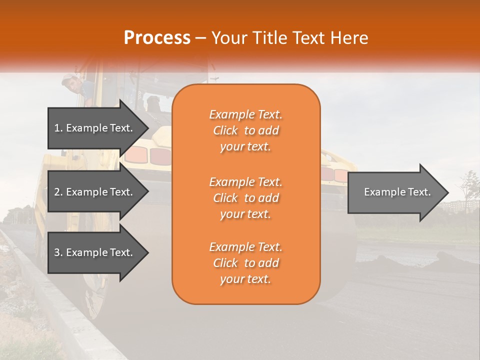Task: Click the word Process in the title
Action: [x=157, y=38]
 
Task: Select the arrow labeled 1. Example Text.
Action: [x=95, y=128]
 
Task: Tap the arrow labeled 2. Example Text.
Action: [x=95, y=192]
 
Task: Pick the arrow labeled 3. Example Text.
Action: [x=95, y=252]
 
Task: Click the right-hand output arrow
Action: [x=395, y=192]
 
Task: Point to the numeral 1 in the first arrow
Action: [x=57, y=128]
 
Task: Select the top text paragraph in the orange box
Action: [x=245, y=130]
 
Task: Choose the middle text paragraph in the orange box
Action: [x=245, y=197]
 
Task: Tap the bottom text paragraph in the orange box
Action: [x=245, y=263]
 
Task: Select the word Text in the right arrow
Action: [x=419, y=192]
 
